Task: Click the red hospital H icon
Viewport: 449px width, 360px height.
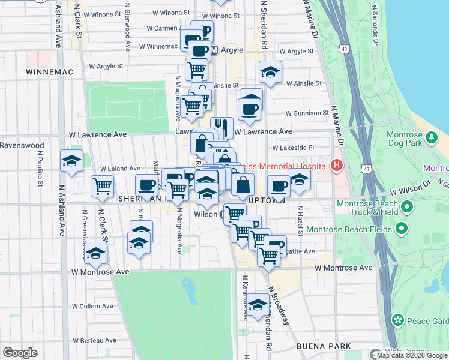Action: (337, 165)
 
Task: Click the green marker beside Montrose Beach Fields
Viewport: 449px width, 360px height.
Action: (401, 229)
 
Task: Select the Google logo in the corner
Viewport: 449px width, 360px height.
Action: (20, 353)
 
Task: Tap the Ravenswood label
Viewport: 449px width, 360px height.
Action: (22, 145)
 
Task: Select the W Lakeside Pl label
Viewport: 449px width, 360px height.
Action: (293, 147)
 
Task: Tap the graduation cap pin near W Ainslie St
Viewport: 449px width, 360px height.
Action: (271, 73)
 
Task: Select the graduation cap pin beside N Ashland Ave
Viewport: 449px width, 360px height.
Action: (71, 161)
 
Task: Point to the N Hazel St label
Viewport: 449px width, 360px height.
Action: (299, 220)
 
